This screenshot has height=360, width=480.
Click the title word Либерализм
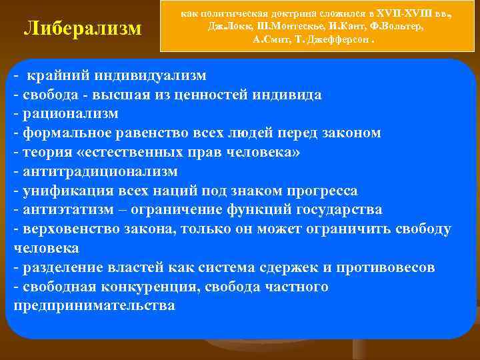(x=83, y=29)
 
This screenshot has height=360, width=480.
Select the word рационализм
(x=71, y=113)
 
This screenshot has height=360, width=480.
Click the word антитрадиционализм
(x=101, y=171)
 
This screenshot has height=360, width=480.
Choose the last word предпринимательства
(x=94, y=306)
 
